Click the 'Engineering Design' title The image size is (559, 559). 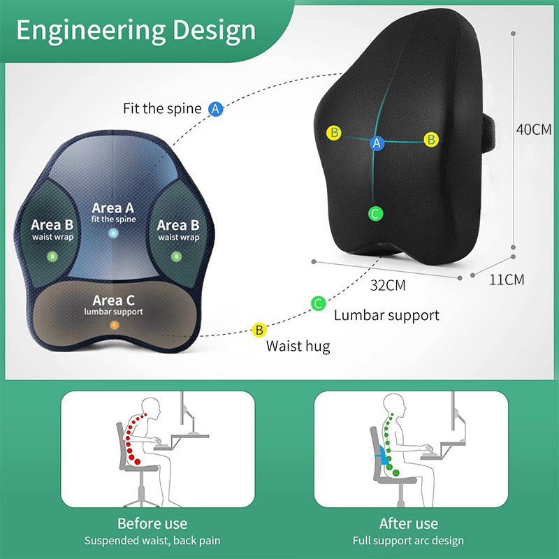point(136,30)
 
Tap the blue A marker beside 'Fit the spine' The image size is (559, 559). point(216,109)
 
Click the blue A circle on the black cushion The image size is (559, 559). point(377,143)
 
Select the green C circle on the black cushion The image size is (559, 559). point(375,214)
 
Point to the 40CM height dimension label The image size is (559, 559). point(533,130)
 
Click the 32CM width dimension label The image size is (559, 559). point(388,285)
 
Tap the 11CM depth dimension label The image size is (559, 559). point(506,280)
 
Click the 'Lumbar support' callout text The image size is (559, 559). point(386,315)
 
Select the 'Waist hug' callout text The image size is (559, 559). point(298,345)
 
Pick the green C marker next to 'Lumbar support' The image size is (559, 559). point(318,303)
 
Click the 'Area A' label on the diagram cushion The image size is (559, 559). point(112,208)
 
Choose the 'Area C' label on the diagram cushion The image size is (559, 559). point(112,300)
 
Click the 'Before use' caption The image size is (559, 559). point(152,523)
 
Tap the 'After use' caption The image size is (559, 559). point(409,523)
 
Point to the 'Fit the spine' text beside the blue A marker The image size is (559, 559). point(162,109)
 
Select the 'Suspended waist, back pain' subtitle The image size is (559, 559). point(152,541)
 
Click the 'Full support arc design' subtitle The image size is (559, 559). point(409,541)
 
